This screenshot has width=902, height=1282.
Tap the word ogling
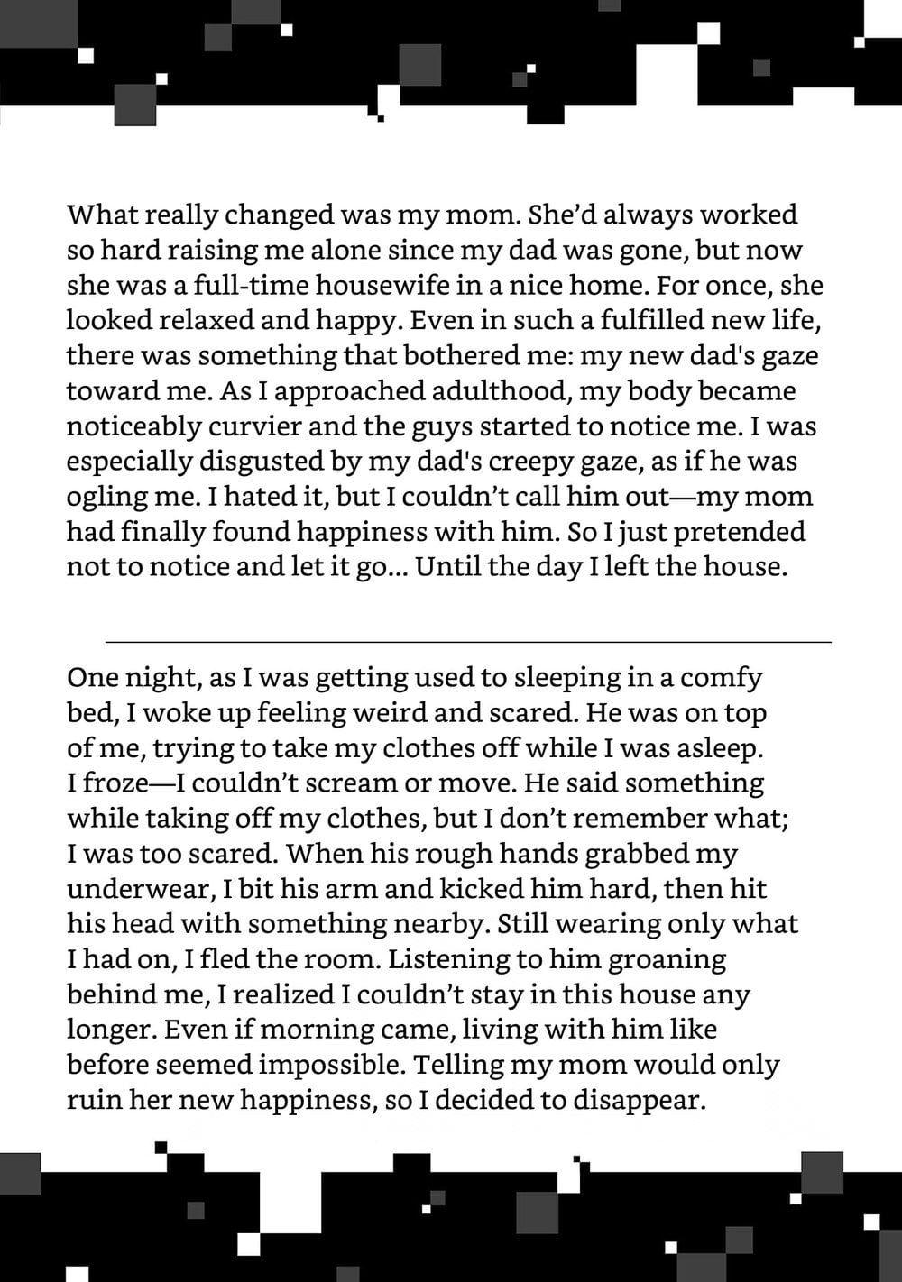(106, 497)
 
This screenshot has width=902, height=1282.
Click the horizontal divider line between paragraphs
(468, 642)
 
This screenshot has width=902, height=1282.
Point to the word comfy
(721, 677)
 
